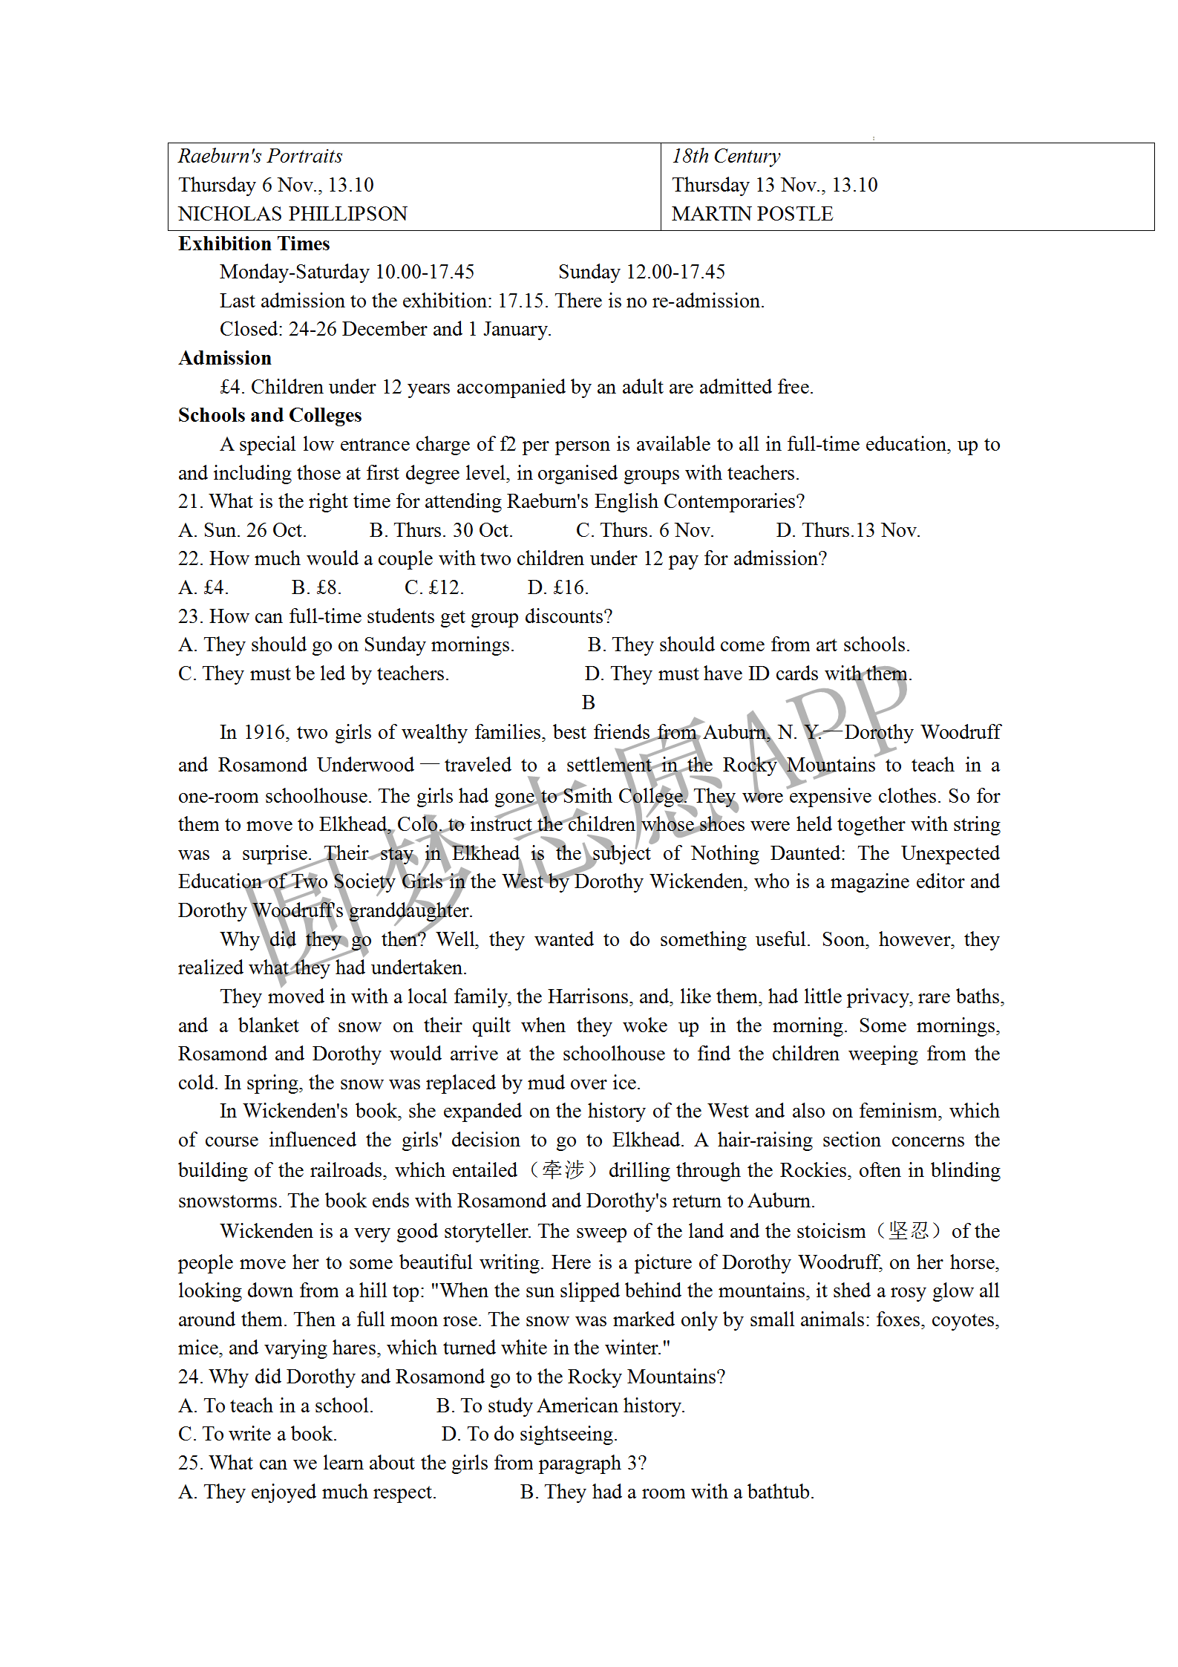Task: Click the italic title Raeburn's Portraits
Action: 260,156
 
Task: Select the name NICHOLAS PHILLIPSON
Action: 292,214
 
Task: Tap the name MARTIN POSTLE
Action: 752,214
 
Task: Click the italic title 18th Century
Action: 726,156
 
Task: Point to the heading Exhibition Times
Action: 254,244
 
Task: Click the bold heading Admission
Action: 225,358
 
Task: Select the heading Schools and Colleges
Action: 269,415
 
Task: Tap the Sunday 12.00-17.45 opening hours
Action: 641,272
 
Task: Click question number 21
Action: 190,501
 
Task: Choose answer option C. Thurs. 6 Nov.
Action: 644,530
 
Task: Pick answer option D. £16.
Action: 557,587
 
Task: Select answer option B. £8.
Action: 316,587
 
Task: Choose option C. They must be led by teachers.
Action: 313,673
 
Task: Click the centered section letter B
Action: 589,702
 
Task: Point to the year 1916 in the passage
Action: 265,732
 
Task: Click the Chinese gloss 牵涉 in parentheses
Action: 563,1170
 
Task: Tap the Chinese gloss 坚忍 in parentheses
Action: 909,1231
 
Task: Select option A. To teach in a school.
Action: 275,1406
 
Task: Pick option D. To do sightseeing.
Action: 529,1434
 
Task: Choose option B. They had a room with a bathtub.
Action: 667,1492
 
